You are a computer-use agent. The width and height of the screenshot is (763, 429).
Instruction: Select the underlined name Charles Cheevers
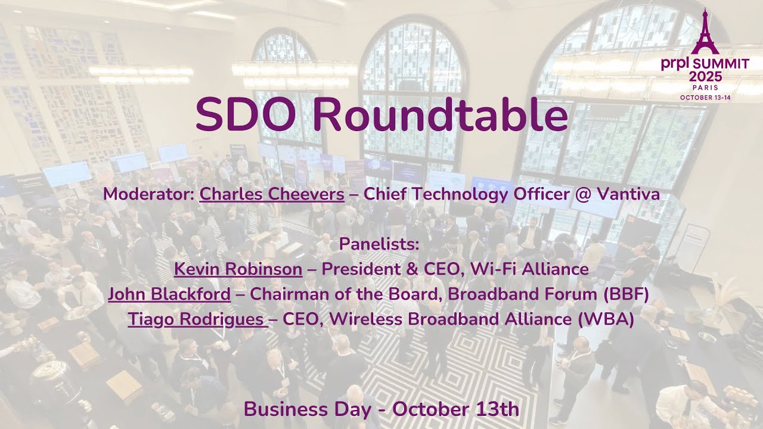tap(271, 194)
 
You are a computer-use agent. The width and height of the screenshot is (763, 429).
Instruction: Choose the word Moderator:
tap(148, 194)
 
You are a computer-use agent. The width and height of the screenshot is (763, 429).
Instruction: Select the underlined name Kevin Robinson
tap(238, 269)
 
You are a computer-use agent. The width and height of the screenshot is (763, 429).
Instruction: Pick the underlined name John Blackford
tap(169, 294)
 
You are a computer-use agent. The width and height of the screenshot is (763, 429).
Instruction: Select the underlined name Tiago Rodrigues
tap(196, 319)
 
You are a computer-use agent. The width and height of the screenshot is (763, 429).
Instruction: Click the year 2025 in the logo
tap(705, 76)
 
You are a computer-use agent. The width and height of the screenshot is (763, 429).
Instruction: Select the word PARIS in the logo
tap(705, 88)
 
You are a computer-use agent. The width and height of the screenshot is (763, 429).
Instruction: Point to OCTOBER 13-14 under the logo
tap(705, 97)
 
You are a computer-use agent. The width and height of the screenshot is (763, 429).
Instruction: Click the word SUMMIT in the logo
tap(721, 65)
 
